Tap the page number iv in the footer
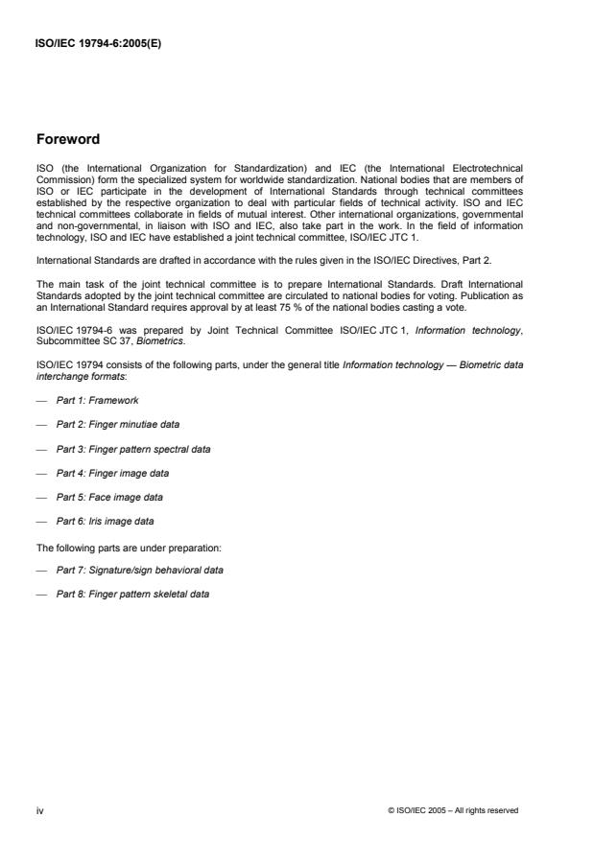pos(39,810)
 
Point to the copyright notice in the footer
pos(453,810)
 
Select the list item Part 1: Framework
pos(97,400)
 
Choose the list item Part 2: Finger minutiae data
pos(117,424)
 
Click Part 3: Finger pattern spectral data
pos(133,449)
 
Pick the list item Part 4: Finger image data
pos(111,473)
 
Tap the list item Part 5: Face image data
pos(109,498)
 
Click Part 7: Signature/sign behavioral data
pos(140,571)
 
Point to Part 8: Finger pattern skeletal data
pos(132,595)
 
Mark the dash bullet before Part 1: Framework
pos(40,400)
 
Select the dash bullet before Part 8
pos(40,595)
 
